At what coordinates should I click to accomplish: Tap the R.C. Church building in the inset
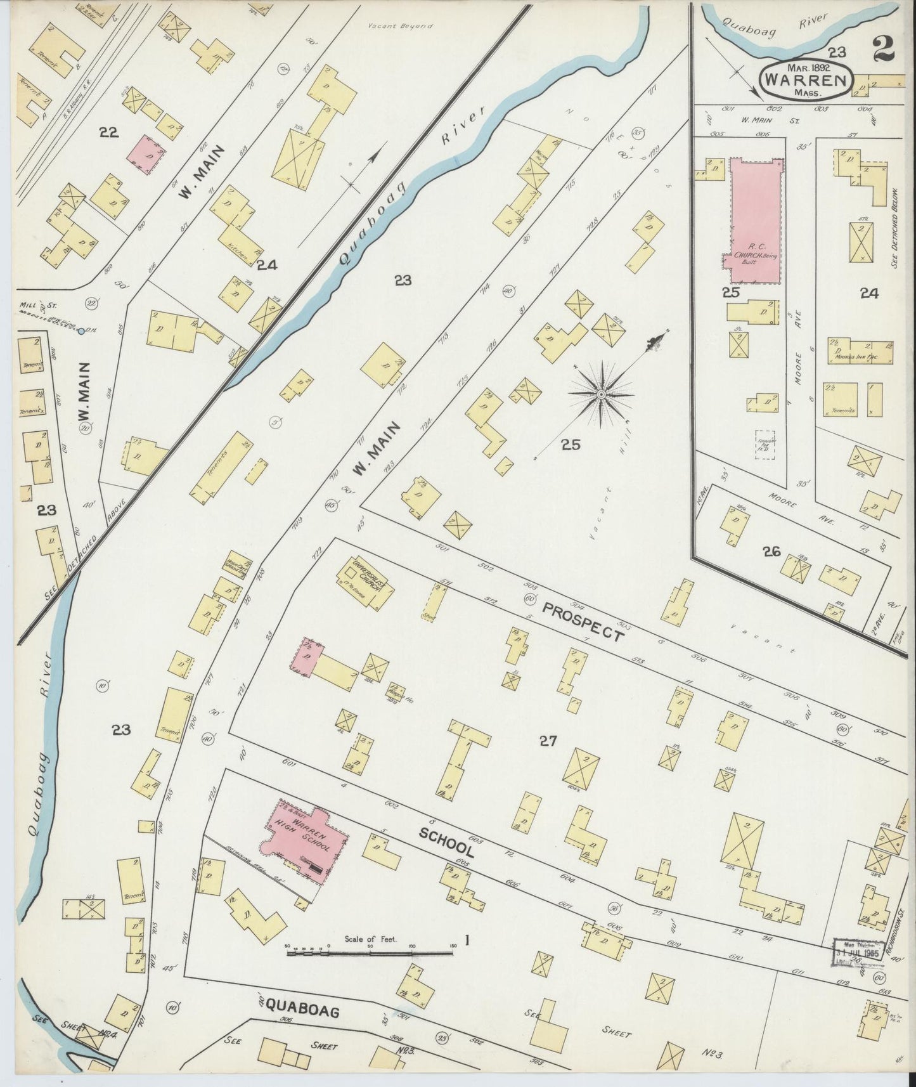[756, 219]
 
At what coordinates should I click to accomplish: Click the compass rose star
[600, 394]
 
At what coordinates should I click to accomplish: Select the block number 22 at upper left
[109, 132]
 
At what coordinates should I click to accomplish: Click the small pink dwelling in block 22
[148, 153]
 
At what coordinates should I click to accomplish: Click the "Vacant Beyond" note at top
[400, 27]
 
